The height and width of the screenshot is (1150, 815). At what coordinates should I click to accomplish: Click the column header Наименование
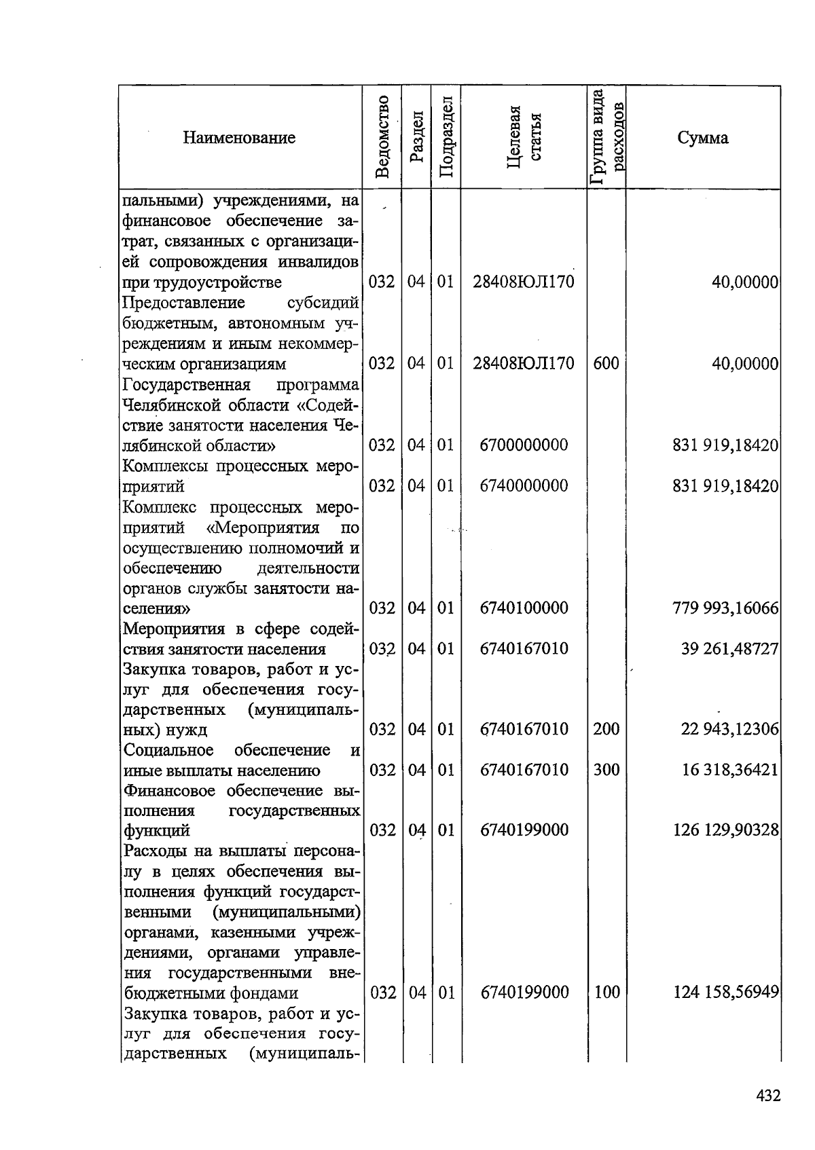pyautogui.click(x=239, y=138)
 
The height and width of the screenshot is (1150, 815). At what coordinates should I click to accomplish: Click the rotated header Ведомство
pyautogui.click(x=382, y=137)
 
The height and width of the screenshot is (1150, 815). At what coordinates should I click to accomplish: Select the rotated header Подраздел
pyautogui.click(x=446, y=137)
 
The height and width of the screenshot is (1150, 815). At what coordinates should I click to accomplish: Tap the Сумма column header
pyautogui.click(x=702, y=138)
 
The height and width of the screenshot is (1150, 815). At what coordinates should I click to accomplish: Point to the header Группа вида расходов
pyautogui.click(x=606, y=137)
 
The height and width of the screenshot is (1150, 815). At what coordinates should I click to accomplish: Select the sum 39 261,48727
pyautogui.click(x=729, y=648)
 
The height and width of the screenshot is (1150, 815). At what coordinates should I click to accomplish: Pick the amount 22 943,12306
pyautogui.click(x=729, y=729)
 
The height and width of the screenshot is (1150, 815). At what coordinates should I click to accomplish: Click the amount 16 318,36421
pyautogui.click(x=729, y=770)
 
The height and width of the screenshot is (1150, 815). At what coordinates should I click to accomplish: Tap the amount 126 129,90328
pyautogui.click(x=725, y=830)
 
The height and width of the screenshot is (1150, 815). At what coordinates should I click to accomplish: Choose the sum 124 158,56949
pyautogui.click(x=725, y=993)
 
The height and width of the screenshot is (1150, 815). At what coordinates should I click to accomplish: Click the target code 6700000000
pyautogui.click(x=524, y=445)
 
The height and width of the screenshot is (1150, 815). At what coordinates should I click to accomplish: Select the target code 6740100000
pyautogui.click(x=524, y=608)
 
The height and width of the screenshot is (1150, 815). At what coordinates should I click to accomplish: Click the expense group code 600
pyautogui.click(x=606, y=364)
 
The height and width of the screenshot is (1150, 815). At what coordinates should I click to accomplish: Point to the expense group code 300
pyautogui.click(x=606, y=770)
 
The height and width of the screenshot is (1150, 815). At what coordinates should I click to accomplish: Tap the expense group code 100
pyautogui.click(x=606, y=993)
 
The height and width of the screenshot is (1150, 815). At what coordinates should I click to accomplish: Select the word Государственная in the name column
pyautogui.click(x=187, y=385)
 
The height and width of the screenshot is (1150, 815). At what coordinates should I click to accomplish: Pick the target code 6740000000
pyautogui.click(x=524, y=486)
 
